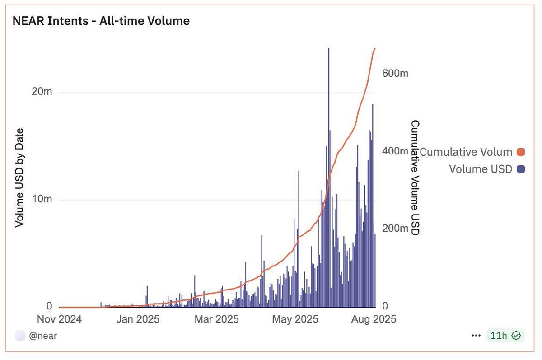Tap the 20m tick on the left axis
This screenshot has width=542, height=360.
tap(42, 92)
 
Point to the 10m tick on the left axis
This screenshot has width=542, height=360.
tap(42, 199)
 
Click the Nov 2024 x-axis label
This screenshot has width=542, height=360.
tap(60, 319)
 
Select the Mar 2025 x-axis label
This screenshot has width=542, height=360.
tap(216, 319)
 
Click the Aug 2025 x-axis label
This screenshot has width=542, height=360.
tap(374, 319)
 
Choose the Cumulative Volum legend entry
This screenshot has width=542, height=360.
tap(466, 152)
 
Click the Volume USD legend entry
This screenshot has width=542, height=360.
tap(481, 169)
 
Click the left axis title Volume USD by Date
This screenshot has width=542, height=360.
tap(19, 178)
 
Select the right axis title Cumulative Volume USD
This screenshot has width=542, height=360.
tap(415, 178)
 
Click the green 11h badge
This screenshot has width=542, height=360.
tap(505, 336)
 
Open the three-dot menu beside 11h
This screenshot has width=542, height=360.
tap(476, 336)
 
